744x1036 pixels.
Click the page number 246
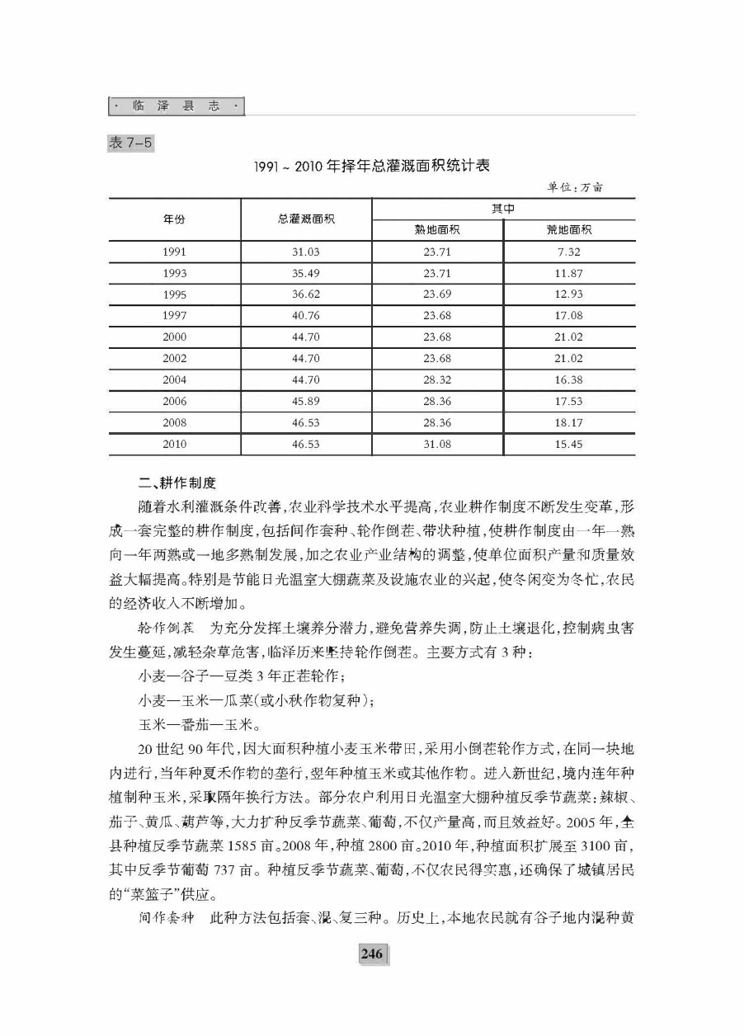371,954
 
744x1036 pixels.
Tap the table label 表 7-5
130,143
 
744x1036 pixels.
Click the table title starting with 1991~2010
372,166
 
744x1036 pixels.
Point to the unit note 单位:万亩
575,187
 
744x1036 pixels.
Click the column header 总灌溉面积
306,219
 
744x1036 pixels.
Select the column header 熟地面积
437,230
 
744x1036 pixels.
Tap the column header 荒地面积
569,230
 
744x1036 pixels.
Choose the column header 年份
174,219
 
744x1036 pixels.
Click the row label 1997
174,316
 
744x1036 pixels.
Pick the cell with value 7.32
569,252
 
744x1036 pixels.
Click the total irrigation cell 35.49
306,273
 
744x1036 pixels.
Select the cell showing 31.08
437,444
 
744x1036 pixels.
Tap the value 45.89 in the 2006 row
306,401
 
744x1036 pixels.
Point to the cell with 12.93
569,294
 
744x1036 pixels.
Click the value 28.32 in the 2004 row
437,379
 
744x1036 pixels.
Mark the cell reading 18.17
569,422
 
